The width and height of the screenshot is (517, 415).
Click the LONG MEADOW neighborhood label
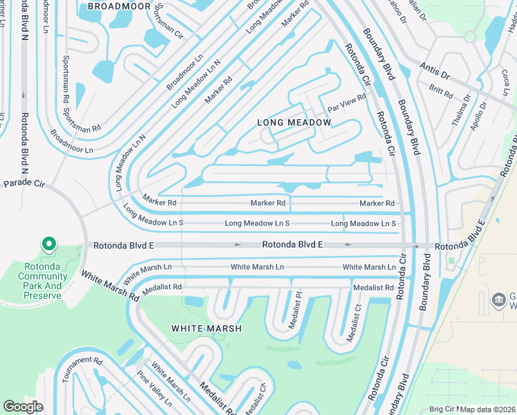click(x=294, y=122)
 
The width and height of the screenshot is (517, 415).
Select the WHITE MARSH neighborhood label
click(x=206, y=329)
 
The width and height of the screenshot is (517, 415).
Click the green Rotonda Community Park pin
click(x=48, y=245)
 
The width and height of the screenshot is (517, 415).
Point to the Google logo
click(x=23, y=407)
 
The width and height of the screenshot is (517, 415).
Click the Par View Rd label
click(x=346, y=104)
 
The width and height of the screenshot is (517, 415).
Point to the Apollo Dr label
click(x=478, y=114)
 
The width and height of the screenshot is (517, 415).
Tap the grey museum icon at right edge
click(x=498, y=299)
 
